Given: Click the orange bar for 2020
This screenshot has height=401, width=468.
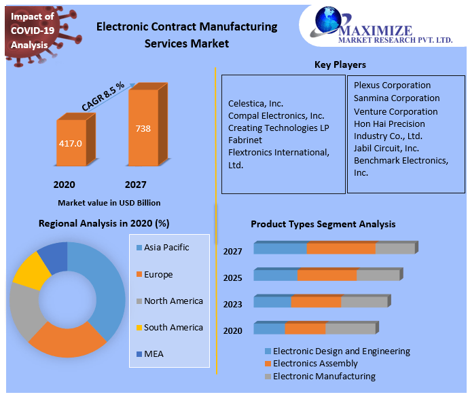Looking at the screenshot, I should click(x=71, y=143).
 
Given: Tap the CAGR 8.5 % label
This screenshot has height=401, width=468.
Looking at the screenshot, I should click(x=103, y=96).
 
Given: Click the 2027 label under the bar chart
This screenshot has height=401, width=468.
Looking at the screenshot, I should click(x=135, y=185).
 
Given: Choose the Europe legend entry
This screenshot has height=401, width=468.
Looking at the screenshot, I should click(x=158, y=275).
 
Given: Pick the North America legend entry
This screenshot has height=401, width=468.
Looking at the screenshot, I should click(x=173, y=301).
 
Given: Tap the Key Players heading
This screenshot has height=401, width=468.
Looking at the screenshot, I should click(x=340, y=65).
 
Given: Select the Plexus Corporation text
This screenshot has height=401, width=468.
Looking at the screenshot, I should click(x=392, y=85).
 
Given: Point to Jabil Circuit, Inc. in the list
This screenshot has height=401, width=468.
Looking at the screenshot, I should click(x=386, y=148).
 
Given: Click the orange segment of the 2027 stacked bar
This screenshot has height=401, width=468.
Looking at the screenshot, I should click(x=340, y=249).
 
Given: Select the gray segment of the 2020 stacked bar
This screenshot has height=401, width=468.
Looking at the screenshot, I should click(x=350, y=329).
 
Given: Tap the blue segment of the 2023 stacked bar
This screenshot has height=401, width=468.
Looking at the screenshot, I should click(x=272, y=302).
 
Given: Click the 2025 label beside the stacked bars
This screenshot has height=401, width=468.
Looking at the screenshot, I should click(x=232, y=278).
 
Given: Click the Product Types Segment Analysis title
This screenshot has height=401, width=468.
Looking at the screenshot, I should click(x=323, y=224).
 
